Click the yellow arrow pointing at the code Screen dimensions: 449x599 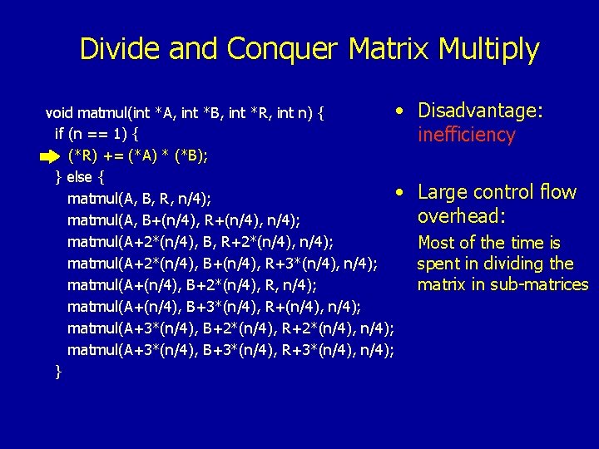[x=49, y=155]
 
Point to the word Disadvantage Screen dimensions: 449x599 [x=480, y=111]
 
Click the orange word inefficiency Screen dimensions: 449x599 [x=467, y=135]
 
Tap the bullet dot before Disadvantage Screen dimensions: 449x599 [x=401, y=111]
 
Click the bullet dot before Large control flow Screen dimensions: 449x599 [x=401, y=192]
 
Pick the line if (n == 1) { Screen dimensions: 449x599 [x=97, y=134]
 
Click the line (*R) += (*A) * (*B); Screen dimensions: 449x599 [x=137, y=155]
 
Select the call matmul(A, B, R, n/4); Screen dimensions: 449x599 [x=139, y=199]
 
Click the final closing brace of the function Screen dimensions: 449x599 [x=57, y=372]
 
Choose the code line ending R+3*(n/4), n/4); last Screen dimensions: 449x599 [x=230, y=350]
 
